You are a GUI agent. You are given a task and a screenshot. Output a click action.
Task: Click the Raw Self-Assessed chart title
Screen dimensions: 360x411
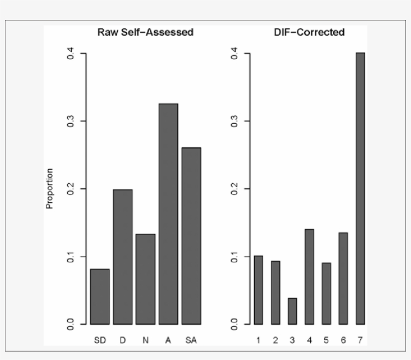(145, 33)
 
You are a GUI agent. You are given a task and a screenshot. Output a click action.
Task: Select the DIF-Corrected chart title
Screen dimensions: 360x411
(309, 33)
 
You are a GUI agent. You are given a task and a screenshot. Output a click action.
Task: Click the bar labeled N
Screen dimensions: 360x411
(145, 279)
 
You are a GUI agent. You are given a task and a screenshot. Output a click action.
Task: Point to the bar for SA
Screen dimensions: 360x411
(191, 236)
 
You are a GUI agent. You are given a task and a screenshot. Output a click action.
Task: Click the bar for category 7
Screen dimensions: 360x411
(360, 188)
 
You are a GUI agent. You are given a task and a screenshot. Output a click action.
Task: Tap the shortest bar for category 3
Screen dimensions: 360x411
(292, 311)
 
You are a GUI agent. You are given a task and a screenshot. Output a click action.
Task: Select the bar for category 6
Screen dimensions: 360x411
(343, 278)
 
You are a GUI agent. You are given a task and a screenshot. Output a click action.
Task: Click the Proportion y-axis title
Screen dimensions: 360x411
(49, 189)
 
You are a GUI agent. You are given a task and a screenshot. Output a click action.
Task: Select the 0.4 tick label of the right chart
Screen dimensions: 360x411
(234, 53)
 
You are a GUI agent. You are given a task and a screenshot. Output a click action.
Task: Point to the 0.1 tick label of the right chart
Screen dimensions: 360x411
(234, 257)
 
